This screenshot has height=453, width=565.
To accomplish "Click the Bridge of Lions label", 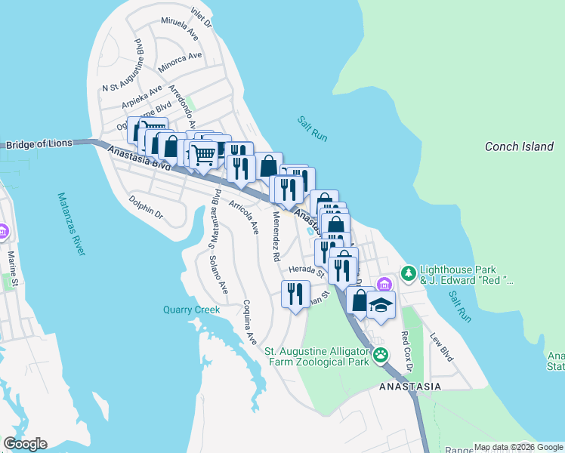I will tap(41, 144).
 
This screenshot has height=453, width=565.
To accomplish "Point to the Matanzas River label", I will tap(69, 224).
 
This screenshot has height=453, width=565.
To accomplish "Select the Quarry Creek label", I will tap(191, 310).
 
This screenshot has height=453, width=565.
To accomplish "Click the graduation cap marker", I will tap(381, 306).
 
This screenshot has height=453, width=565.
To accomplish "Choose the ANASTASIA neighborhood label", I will tap(409, 387).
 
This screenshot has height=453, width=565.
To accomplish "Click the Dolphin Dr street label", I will tap(146, 208).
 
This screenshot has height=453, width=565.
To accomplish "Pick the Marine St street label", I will tap(11, 264).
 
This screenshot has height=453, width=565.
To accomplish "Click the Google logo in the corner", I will tap(25, 444).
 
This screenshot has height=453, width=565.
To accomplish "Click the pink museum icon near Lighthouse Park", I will tap(384, 284).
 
